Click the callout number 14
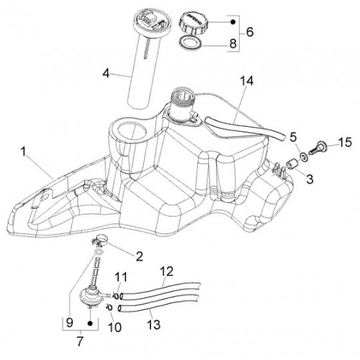[x=247, y=81]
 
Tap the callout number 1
[x=23, y=152]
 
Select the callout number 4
[x=106, y=73]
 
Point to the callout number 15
[x=345, y=142]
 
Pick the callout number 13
[x=153, y=325]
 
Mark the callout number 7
[x=79, y=341]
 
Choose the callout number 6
[x=250, y=32]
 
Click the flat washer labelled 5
[x=304, y=158]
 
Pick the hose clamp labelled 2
[x=100, y=240]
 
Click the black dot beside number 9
[x=90, y=323]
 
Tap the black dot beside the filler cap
[x=233, y=22]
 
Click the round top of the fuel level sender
[x=149, y=20]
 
